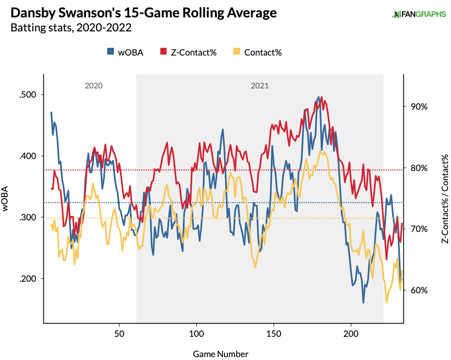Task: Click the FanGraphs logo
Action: pyautogui.click(x=419, y=14)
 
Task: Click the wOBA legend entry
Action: pyautogui.click(x=125, y=52)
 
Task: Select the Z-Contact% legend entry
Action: pyautogui.click(x=188, y=52)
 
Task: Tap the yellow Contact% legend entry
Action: pyautogui.click(x=257, y=52)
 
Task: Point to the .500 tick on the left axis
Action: pyautogui.click(x=28, y=95)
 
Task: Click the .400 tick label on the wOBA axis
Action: pyautogui.click(x=28, y=156)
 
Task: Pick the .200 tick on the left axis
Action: pyautogui.click(x=28, y=279)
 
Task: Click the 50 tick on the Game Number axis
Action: pyautogui.click(x=119, y=334)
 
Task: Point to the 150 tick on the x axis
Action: pyautogui.click(x=273, y=334)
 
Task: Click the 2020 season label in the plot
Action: pyautogui.click(x=94, y=86)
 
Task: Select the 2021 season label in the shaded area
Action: pyautogui.click(x=260, y=86)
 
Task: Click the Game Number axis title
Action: pyautogui.click(x=221, y=354)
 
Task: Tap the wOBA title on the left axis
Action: pyautogui.click(x=7, y=199)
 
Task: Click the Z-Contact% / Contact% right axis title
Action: pyautogui.click(x=444, y=199)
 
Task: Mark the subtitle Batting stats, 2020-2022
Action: pyautogui.click(x=71, y=28)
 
